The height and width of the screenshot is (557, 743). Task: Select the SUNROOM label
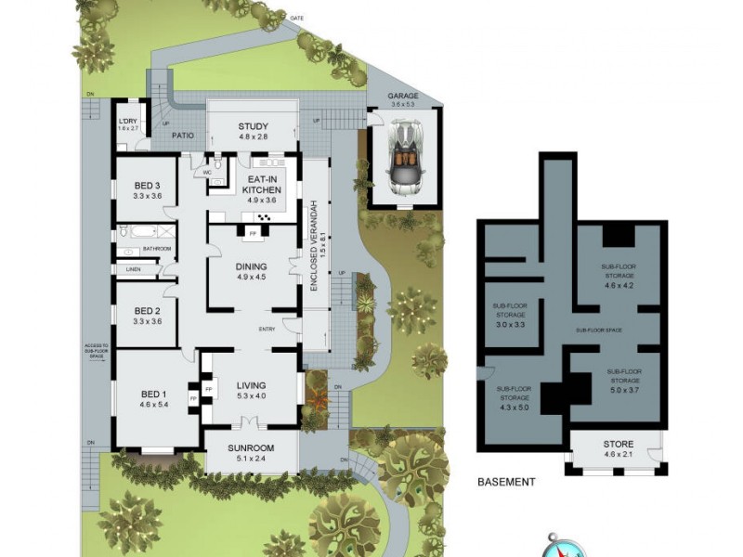251,449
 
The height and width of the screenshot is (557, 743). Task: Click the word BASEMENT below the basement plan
505,482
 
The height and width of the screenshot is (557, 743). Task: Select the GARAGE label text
403,97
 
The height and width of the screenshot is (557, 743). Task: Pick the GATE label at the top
297,18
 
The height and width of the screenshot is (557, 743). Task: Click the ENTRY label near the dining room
267,330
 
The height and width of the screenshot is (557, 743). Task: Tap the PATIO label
182,136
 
